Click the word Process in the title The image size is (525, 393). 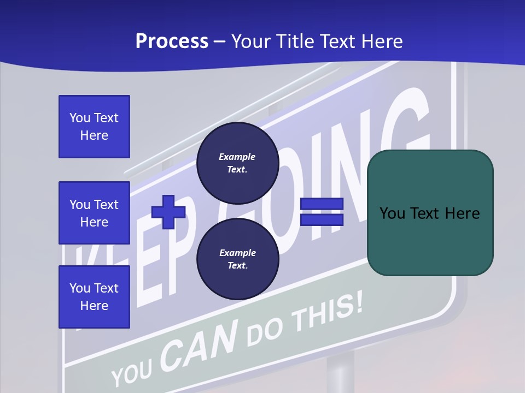172,41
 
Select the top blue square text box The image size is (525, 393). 94,127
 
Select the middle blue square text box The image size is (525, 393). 94,213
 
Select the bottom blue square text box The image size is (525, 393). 94,296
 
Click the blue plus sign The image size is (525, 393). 168,212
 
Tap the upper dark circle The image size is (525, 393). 237,163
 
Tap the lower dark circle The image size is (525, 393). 237,259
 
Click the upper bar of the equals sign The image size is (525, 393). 322,204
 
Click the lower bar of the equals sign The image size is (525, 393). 322,219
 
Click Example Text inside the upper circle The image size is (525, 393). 237,163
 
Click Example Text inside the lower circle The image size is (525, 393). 237,259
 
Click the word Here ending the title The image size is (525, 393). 382,41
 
